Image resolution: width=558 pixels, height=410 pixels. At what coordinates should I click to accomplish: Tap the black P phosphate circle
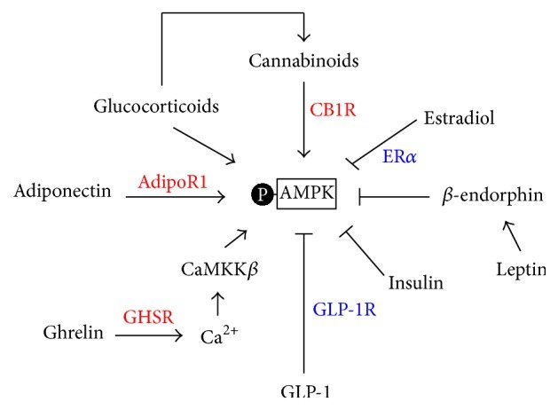(263, 192)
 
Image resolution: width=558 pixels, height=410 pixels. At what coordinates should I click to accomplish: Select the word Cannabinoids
(303, 61)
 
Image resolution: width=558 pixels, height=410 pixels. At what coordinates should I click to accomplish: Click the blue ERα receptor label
(399, 155)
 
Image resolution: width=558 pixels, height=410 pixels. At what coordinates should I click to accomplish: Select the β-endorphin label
(491, 195)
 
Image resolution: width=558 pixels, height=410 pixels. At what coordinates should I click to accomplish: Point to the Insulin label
(415, 283)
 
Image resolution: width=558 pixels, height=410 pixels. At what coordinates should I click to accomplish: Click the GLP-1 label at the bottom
(304, 394)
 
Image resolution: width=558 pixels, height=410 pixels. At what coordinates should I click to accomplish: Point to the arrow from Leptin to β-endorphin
(512, 235)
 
